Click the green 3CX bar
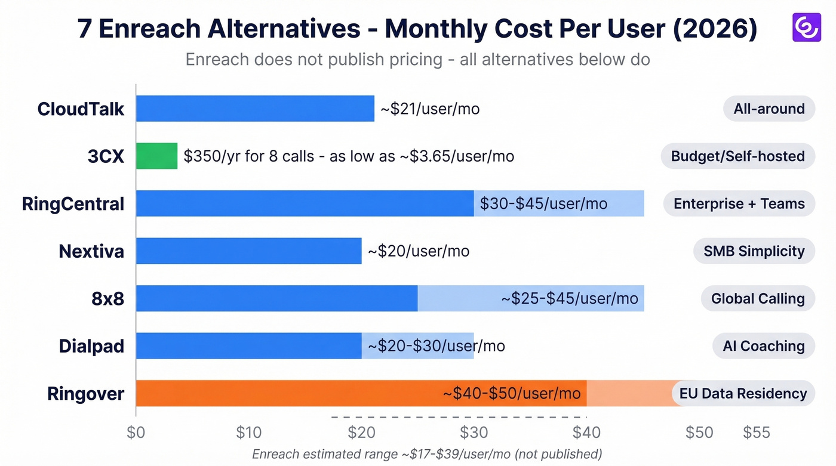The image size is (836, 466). pyautogui.click(x=156, y=156)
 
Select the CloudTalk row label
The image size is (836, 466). pyautogui.click(x=81, y=109)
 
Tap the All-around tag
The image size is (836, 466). pyautogui.click(x=769, y=109)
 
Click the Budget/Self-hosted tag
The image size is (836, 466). pyautogui.click(x=737, y=156)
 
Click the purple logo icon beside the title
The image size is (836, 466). pyautogui.click(x=806, y=27)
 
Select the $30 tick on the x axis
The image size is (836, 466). pyautogui.click(x=474, y=433)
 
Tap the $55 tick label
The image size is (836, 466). pyautogui.click(x=756, y=433)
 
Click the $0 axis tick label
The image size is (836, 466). pyautogui.click(x=136, y=433)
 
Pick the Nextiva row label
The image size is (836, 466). pyautogui.click(x=91, y=251)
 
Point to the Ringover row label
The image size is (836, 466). pyautogui.click(x=85, y=394)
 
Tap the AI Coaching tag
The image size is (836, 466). pyautogui.click(x=764, y=346)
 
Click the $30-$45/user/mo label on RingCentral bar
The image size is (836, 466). pyautogui.click(x=543, y=204)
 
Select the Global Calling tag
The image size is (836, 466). pyautogui.click(x=758, y=298)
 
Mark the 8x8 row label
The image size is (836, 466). pyautogui.click(x=108, y=298)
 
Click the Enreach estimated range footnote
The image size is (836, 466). pyautogui.click(x=427, y=454)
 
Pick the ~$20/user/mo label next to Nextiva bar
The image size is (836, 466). pyautogui.click(x=419, y=251)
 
